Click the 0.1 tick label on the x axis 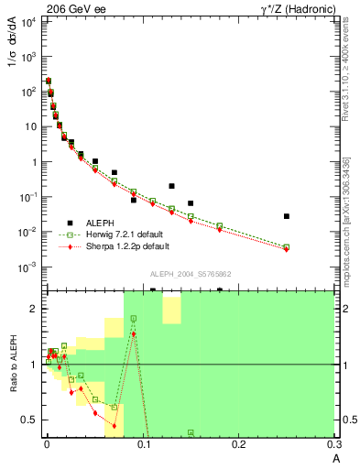click(x=142, y=445)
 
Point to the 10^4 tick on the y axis click(x=27, y=21)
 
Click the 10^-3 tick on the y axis click(x=27, y=267)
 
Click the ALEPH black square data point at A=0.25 click(x=287, y=216)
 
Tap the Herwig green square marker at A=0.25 click(x=287, y=246)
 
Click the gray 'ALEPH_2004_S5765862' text click(x=189, y=274)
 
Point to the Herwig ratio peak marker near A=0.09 click(x=134, y=319)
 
